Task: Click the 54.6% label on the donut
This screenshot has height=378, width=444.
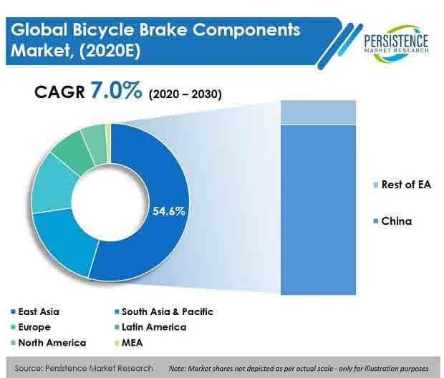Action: (169, 211)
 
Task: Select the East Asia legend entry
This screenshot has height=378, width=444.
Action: (35, 311)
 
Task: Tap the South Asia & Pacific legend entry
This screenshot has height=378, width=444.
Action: (164, 311)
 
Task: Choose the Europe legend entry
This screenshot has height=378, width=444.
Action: (31, 327)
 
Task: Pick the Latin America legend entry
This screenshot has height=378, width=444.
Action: (150, 327)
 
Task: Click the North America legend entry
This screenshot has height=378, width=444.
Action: (48, 343)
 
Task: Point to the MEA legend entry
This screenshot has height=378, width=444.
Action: (129, 343)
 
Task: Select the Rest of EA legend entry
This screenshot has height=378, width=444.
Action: (402, 185)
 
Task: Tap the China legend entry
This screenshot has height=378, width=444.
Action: (392, 221)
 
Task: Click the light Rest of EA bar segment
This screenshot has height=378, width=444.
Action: (318, 112)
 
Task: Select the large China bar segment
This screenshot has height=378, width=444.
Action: (318, 210)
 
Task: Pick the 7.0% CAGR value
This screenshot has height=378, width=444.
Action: (116, 90)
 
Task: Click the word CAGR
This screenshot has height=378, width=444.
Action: (59, 92)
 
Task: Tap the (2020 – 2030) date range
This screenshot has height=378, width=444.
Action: (185, 94)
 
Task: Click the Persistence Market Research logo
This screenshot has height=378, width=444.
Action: (396, 43)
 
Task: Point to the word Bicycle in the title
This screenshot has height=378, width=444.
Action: (103, 30)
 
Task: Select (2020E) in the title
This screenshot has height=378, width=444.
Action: (110, 51)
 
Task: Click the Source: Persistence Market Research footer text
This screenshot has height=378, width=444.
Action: (84, 369)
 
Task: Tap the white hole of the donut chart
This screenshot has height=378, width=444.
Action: (110, 202)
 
